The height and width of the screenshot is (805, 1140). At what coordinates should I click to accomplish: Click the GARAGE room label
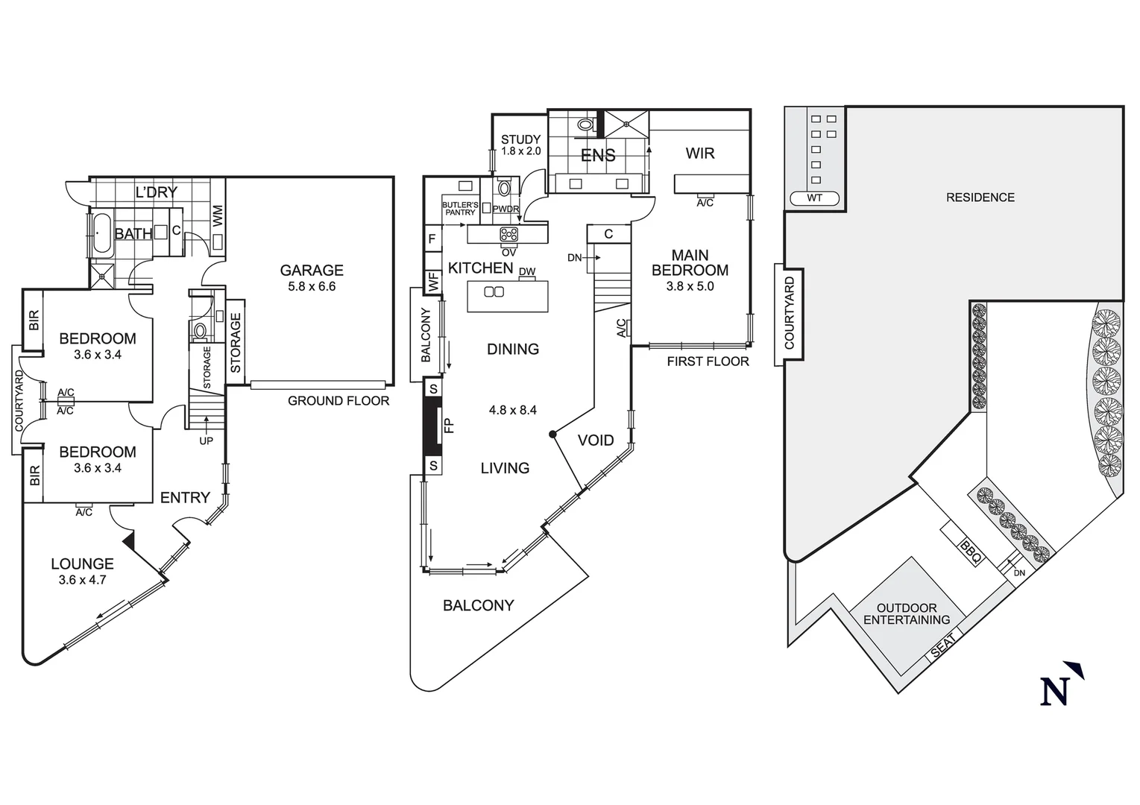click(x=312, y=271)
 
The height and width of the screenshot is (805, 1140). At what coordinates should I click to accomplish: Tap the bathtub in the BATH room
click(x=101, y=233)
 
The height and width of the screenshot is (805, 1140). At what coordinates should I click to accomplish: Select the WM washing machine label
click(x=218, y=217)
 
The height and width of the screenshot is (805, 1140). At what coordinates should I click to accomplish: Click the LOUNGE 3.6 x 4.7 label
click(x=82, y=571)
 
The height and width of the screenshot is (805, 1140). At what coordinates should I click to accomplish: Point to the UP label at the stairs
click(x=206, y=441)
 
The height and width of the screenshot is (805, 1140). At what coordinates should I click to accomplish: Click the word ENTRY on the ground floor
click(x=185, y=498)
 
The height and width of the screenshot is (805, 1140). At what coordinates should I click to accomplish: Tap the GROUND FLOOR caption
click(x=338, y=401)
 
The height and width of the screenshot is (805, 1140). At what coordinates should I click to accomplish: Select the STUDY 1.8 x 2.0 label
click(x=520, y=145)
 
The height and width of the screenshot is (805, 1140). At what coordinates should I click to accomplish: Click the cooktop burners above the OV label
click(x=508, y=234)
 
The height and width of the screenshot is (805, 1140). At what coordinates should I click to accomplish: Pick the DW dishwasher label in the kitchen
click(x=526, y=272)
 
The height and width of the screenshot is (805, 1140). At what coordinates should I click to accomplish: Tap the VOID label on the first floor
click(x=596, y=441)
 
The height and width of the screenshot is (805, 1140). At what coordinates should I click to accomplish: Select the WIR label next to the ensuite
click(x=699, y=154)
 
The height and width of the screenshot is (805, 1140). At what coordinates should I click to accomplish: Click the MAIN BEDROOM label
click(x=690, y=263)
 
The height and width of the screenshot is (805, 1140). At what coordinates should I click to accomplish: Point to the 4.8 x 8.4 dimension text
click(x=513, y=410)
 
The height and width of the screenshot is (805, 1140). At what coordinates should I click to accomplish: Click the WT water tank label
click(x=814, y=198)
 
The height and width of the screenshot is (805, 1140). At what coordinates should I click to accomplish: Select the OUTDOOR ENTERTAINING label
click(x=907, y=613)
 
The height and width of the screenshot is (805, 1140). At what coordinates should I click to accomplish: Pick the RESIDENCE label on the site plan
click(x=980, y=198)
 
